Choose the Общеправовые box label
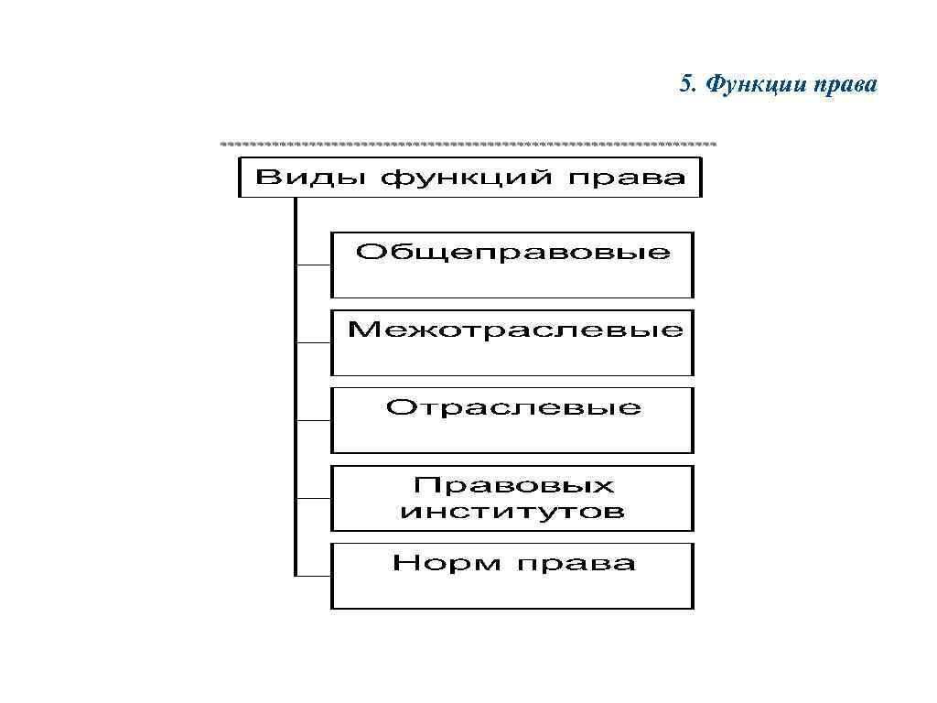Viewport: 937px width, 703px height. (512, 252)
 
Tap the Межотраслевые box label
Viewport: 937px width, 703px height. (514, 330)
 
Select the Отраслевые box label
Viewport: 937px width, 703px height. (513, 407)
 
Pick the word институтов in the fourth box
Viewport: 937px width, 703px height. (512, 511)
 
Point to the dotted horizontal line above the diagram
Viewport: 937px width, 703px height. (468, 145)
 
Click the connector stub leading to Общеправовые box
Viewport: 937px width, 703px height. (313, 265)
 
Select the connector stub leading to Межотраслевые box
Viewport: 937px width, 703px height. (313, 343)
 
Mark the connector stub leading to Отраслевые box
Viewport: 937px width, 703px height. (313, 421)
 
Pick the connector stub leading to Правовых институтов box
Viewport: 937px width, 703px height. (313, 499)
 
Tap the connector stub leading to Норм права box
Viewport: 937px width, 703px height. (313, 576)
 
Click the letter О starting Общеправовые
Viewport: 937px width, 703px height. (368, 251)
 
